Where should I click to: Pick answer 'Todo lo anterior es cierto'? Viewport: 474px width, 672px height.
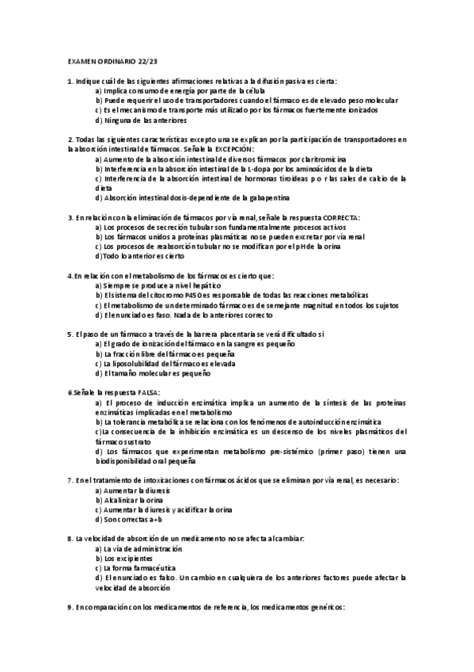(142, 256)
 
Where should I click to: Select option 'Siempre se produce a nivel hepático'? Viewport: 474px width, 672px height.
(159, 284)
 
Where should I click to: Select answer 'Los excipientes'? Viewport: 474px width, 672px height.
(126, 558)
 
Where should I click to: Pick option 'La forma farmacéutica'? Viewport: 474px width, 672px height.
(137, 567)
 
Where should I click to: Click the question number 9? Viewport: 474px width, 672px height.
(70, 607)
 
